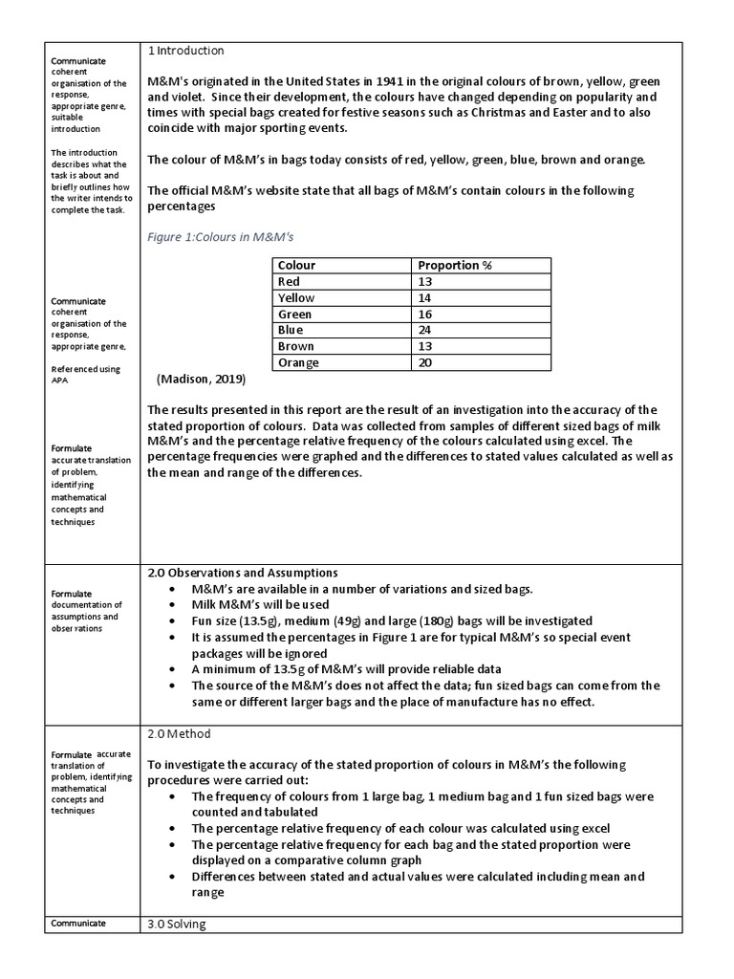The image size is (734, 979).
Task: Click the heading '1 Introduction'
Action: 186,51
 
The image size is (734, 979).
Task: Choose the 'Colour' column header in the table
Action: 296,265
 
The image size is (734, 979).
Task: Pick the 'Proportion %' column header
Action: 455,265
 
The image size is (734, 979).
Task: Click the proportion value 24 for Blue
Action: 424,330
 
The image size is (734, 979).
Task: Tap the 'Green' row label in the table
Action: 294,314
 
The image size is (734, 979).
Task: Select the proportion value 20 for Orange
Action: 424,362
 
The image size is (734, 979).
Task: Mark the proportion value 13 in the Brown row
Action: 424,346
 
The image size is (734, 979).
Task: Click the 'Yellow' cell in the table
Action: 295,297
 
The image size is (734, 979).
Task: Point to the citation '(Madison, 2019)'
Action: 201,380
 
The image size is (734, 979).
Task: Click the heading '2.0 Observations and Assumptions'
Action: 242,572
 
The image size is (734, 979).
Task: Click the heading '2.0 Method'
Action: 179,733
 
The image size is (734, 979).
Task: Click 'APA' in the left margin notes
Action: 59,380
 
